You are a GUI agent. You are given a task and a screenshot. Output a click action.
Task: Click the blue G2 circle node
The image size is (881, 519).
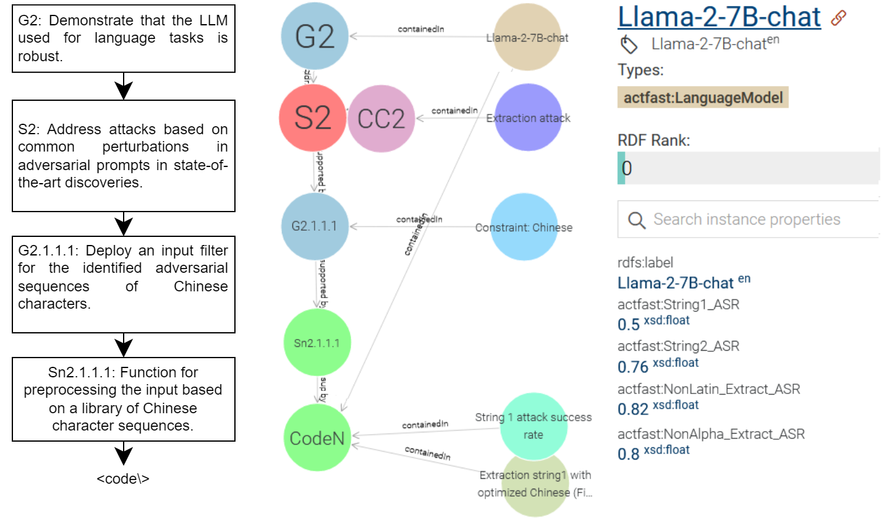(x=314, y=36)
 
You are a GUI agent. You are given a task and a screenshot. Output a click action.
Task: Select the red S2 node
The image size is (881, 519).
(x=312, y=118)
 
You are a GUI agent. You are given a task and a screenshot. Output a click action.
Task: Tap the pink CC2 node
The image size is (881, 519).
(x=381, y=118)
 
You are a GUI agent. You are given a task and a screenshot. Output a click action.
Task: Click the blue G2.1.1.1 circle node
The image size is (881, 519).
(x=314, y=226)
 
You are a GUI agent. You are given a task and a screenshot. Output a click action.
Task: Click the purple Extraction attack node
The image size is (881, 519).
(x=528, y=118)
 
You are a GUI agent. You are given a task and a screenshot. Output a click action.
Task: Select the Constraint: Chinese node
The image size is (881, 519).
(x=524, y=227)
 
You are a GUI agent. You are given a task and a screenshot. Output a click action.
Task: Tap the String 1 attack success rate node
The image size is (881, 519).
(x=533, y=426)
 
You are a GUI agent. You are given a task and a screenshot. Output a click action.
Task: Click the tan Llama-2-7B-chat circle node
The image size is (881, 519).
(x=527, y=37)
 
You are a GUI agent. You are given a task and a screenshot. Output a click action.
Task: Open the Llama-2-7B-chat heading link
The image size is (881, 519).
(x=719, y=17)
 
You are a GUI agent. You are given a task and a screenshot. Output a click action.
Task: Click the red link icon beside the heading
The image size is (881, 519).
(x=838, y=18)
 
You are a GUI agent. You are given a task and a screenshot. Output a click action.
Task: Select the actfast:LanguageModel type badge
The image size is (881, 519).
(x=703, y=97)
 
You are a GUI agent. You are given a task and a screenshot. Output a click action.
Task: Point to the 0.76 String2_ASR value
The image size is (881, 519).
(x=632, y=366)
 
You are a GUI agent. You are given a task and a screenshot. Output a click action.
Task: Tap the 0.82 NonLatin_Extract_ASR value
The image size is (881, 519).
(x=632, y=409)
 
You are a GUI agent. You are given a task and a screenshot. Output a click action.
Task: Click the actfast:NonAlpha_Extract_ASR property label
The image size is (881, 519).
(x=711, y=434)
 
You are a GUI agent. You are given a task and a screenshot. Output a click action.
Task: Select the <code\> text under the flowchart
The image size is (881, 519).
(x=123, y=478)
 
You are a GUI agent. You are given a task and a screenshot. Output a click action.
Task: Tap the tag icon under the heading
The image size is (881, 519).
(x=629, y=45)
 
